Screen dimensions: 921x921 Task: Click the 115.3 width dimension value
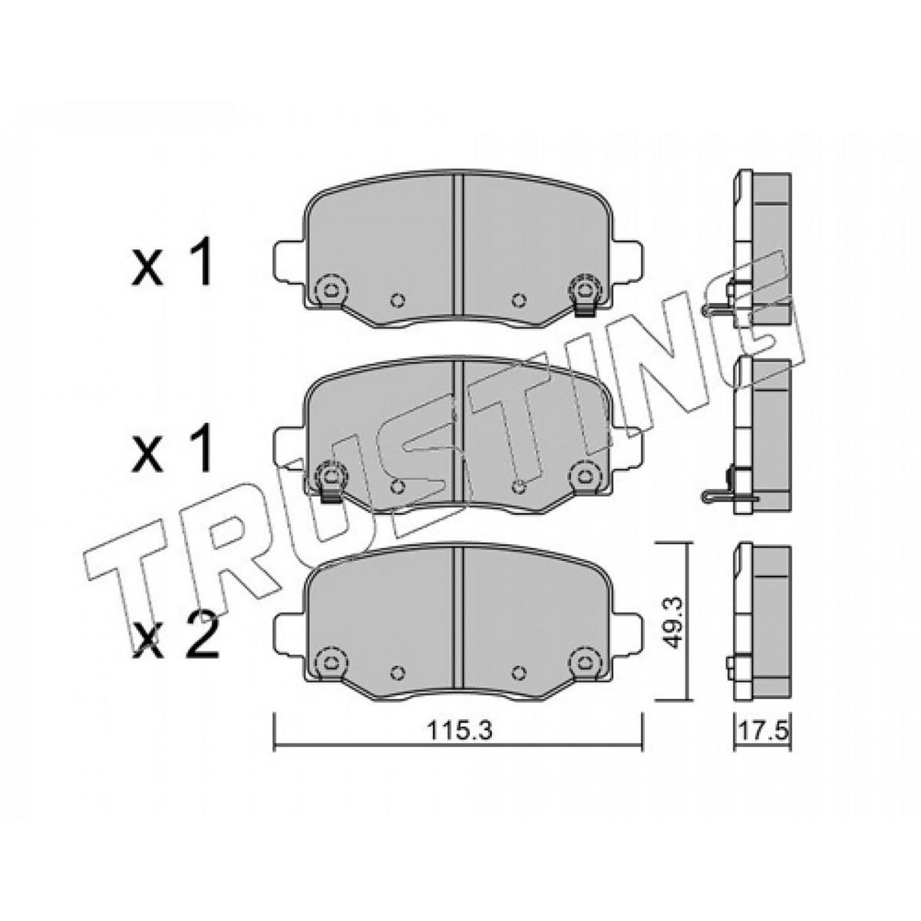pos(459,744)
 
